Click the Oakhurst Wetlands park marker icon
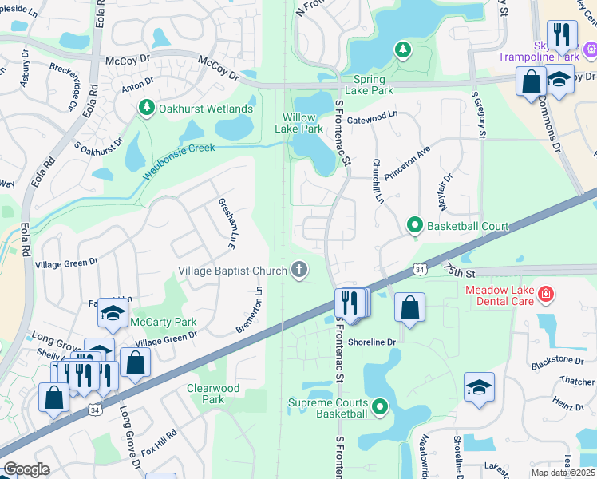tap(146, 108)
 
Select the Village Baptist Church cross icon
tap(299, 271)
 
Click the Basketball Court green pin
tap(414, 226)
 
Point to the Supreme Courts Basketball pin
tap(380, 407)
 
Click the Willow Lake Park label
tap(299, 123)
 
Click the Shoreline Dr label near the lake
tap(370, 342)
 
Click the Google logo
tap(26, 469)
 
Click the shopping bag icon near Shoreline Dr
tap(409, 309)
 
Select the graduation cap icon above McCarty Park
tap(113, 314)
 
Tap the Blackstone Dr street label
tap(553, 360)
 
